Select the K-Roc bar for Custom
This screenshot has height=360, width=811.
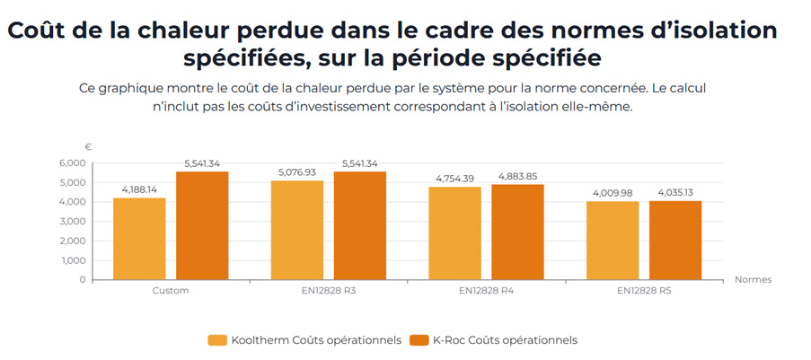point(202,225)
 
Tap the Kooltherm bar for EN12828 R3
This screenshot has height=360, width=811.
point(297,230)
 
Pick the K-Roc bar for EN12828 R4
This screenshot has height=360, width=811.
point(517,232)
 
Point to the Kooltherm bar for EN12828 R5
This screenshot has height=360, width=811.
point(613,240)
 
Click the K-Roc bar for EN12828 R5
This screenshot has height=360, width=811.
point(675,240)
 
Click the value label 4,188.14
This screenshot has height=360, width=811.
point(139,189)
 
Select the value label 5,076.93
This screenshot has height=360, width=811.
point(297,172)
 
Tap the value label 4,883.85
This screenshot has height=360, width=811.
point(517,176)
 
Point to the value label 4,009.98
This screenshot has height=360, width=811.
point(613,193)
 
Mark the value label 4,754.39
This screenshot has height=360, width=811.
point(455,179)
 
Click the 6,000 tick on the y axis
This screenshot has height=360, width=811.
point(72,163)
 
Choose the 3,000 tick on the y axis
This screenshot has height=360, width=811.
point(72,222)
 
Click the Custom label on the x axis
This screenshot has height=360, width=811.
point(171,291)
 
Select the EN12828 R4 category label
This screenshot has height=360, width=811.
point(486,291)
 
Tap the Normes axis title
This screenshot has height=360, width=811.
point(752,279)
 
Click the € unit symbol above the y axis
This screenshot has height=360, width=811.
point(88,146)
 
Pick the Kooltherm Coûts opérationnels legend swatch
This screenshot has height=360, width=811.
point(216,340)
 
